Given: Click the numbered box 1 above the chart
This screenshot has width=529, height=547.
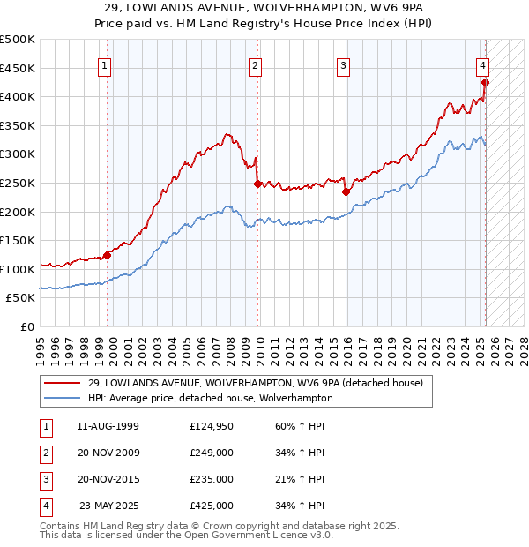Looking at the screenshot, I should pyautogui.click(x=105, y=64).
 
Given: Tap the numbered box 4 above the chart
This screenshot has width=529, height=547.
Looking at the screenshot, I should pyautogui.click(x=483, y=64).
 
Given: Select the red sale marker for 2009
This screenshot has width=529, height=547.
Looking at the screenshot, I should pyautogui.click(x=257, y=184).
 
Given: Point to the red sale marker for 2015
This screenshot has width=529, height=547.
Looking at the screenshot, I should pyautogui.click(x=346, y=191).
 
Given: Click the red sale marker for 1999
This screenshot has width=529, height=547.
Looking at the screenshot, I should pyautogui.click(x=107, y=255).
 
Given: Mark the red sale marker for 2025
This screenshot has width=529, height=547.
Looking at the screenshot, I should pyautogui.click(x=485, y=83).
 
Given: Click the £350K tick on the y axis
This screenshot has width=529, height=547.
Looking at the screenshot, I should pyautogui.click(x=18, y=125).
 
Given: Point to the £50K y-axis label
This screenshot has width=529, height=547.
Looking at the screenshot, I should pyautogui.click(x=21, y=298).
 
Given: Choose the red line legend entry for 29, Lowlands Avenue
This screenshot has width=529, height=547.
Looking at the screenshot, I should pyautogui.click(x=256, y=383).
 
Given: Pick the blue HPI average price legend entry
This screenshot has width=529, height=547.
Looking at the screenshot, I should pyautogui.click(x=210, y=398).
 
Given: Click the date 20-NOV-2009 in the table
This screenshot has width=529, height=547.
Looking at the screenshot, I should pyautogui.click(x=108, y=454).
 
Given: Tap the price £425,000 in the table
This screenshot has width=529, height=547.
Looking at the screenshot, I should pyautogui.click(x=212, y=506).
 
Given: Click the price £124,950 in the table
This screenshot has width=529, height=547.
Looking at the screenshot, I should pyautogui.click(x=212, y=427).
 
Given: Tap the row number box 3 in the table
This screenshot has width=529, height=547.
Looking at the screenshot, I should pyautogui.click(x=44, y=479).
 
